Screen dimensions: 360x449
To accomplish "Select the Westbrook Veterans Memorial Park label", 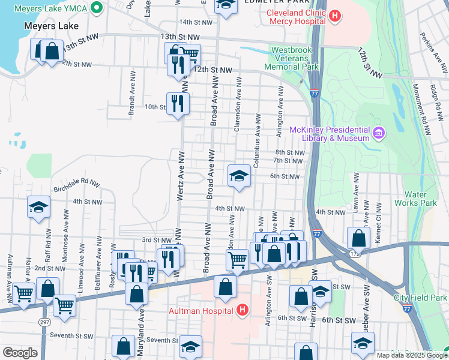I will [x=294, y=58].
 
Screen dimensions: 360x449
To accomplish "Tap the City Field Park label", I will [x=420, y=298].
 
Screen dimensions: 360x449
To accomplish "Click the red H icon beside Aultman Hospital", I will [x=242, y=310].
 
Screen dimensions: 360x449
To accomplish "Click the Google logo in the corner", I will [x=20, y=353].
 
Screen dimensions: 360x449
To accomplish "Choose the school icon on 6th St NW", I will [x=239, y=176].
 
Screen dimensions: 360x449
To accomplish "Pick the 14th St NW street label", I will [x=196, y=22].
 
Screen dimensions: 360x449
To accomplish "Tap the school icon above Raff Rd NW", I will [x=38, y=208].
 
